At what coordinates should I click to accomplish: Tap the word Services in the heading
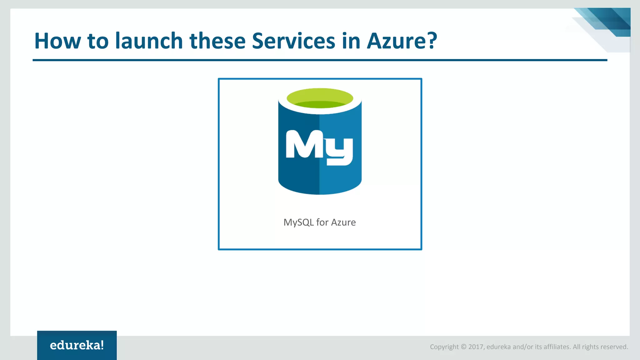point(293,41)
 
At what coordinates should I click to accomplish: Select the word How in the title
point(57,41)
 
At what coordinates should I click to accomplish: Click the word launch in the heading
point(149,41)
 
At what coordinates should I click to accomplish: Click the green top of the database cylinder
point(320,98)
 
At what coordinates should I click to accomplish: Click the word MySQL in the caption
point(298,222)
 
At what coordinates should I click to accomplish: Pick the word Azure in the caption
point(343,222)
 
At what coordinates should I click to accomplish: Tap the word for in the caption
point(322,222)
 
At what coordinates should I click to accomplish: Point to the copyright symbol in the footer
point(463,347)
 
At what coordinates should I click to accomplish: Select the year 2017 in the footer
point(476,347)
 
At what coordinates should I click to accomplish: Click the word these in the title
point(217,41)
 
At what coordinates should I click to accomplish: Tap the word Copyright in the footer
point(444,347)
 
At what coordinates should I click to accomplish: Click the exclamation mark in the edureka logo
point(102,345)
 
